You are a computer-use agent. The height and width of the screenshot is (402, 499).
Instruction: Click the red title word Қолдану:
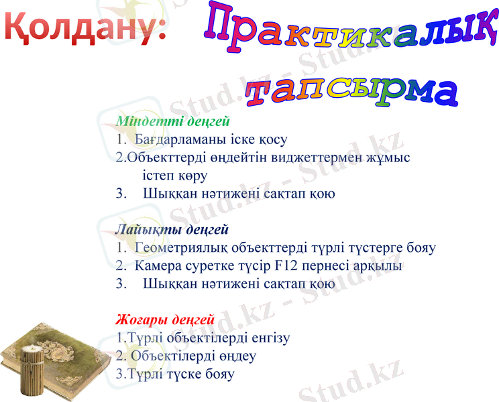(x=86, y=27)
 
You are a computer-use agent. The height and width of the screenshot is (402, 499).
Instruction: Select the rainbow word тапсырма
(x=351, y=92)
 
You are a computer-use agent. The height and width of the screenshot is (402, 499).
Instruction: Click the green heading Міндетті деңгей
(x=173, y=122)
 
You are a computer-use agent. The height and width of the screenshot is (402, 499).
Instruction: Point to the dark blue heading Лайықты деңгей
(x=172, y=230)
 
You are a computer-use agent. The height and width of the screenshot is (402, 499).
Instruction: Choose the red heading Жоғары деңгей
(x=165, y=320)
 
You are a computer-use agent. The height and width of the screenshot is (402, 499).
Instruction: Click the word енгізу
(x=267, y=338)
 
